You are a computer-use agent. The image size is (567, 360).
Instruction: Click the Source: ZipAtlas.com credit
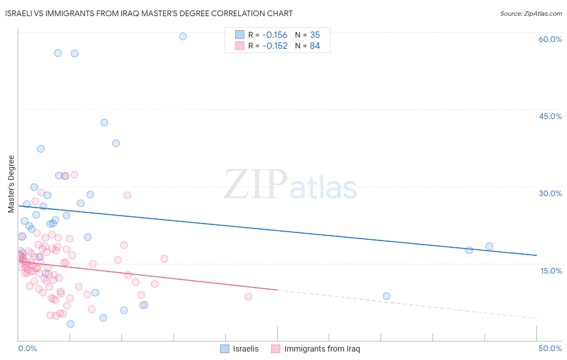point(531,13)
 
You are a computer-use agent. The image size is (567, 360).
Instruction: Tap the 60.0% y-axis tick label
point(550,39)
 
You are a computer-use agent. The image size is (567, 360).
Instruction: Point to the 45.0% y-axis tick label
point(550,116)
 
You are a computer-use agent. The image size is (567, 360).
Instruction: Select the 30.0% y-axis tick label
point(550,193)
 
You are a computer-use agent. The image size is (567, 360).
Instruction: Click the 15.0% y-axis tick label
point(551,271)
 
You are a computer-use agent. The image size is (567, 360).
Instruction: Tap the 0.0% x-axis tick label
point(27,348)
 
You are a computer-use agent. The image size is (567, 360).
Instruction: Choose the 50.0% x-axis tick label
point(550,348)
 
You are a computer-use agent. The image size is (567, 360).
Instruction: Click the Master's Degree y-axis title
point(11,184)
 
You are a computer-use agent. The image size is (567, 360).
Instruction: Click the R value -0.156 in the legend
point(275,35)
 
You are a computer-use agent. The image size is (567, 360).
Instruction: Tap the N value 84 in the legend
point(315,46)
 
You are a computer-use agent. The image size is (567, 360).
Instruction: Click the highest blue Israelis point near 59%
point(183,36)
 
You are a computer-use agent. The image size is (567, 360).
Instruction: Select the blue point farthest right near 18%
point(489,246)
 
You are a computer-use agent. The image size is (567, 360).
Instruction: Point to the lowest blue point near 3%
point(71,324)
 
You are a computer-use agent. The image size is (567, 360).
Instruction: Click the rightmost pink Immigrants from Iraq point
point(248,297)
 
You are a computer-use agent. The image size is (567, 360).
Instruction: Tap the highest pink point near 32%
point(75,175)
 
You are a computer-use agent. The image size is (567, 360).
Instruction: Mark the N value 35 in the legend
point(315,35)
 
